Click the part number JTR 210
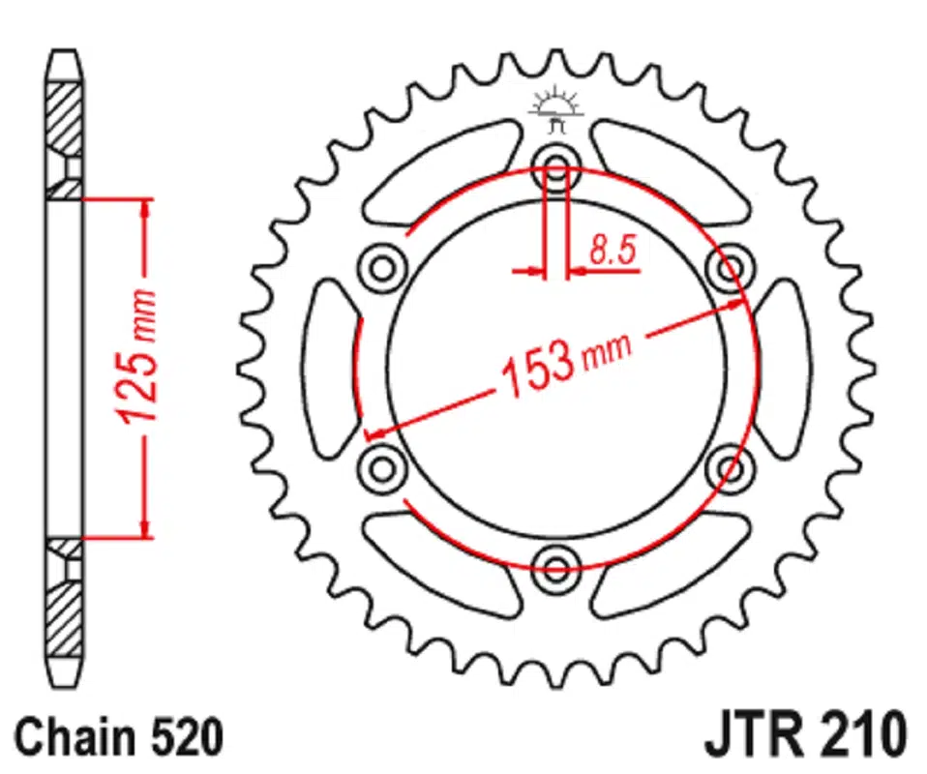tap(805, 737)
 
